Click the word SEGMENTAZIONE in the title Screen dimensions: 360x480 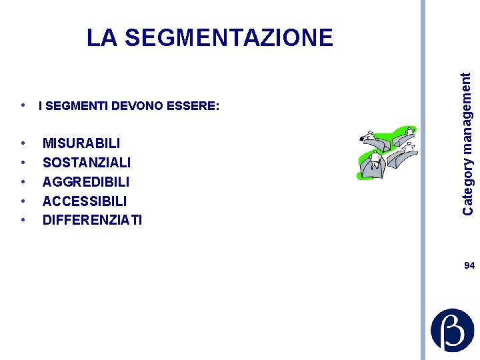coord(229,37)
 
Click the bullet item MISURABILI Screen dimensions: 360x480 coord(81,143)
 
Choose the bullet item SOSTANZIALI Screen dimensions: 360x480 coord(87,163)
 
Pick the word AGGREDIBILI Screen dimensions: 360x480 coord(86,182)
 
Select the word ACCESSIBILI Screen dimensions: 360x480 coord(85,201)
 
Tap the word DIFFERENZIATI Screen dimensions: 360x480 coord(92,220)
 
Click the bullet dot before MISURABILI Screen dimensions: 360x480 coord(23,143)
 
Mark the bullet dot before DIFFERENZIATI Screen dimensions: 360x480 coord(23,220)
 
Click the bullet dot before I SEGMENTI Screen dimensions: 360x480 coord(23,105)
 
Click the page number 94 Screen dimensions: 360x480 coord(469,265)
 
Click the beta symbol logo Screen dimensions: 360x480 coord(452,330)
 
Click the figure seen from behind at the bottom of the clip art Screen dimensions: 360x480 coord(375,161)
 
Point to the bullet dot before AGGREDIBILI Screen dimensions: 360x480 coord(23,182)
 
